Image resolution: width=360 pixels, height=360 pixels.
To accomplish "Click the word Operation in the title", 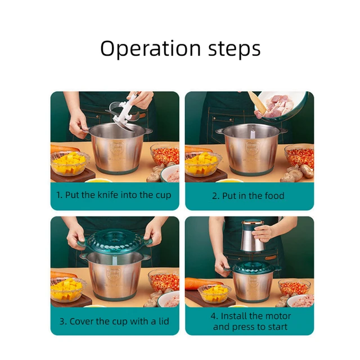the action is [150, 48].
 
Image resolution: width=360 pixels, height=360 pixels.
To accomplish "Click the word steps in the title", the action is [235, 48].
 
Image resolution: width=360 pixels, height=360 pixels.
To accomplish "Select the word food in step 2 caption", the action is [274, 196].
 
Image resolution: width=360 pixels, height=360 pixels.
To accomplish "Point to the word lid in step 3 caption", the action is [164, 321].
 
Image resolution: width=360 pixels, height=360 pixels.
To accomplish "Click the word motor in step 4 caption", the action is [278, 316].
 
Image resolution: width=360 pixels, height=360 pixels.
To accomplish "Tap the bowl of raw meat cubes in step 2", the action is [280, 105].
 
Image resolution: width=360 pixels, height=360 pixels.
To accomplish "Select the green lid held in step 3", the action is [115, 242].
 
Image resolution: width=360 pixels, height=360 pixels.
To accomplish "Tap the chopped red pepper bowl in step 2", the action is [299, 156].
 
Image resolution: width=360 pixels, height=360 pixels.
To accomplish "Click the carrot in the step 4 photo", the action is [202, 283].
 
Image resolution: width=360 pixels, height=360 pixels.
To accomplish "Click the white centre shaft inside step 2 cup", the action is [253, 133].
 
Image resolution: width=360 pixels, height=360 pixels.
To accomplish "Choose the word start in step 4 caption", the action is [277, 327].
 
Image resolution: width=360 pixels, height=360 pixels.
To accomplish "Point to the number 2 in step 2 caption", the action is [215, 196].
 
